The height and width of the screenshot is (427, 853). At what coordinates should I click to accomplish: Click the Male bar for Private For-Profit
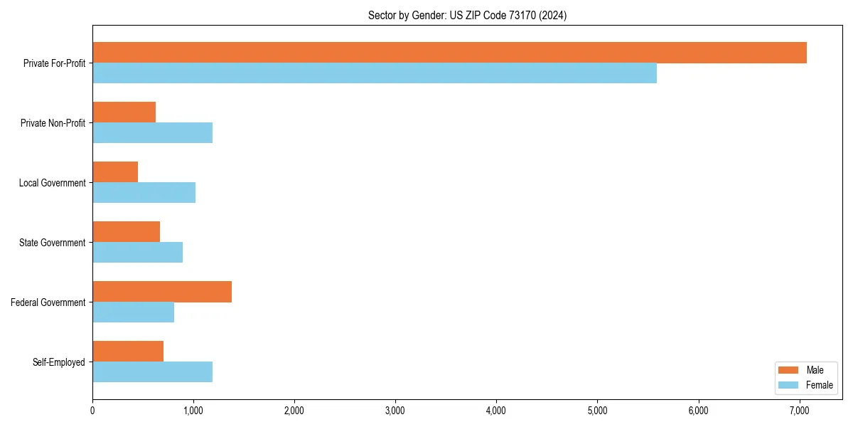coord(449,53)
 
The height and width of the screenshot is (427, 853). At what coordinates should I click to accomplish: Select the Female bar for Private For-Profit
coord(375,73)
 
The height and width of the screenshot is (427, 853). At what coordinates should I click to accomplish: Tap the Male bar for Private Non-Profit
coord(124,112)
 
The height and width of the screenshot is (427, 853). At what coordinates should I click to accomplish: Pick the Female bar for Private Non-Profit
coord(153,133)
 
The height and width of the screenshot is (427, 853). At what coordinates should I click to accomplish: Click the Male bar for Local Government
coord(115,172)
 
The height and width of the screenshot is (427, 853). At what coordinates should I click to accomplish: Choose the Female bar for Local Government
coord(144,193)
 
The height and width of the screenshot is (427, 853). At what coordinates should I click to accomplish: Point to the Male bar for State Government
coord(127,232)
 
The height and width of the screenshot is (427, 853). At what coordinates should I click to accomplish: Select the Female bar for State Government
coord(138,253)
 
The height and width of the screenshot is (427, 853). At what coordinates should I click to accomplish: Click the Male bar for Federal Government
coord(162,292)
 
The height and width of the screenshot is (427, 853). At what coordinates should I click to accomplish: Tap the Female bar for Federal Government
coord(134,312)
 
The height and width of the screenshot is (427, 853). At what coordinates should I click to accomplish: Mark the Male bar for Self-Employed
coord(128,352)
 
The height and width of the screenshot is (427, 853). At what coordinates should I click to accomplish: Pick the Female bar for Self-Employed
coord(153,372)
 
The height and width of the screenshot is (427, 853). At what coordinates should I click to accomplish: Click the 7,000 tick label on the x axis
coord(799,410)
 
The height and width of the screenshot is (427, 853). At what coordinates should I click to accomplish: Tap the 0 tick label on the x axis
coord(92,410)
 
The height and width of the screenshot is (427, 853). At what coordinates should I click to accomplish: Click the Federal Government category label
coord(48,302)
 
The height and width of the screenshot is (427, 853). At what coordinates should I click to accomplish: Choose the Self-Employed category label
coord(59,362)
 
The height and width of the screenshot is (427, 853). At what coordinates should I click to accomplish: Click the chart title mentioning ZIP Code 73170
coord(467,15)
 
